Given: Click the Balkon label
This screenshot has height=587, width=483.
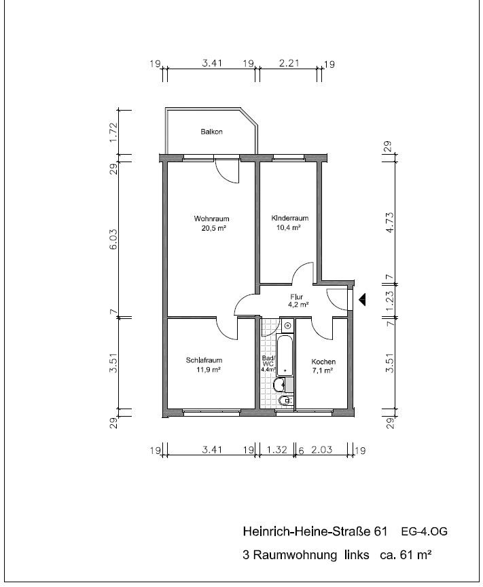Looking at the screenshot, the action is point(211,132).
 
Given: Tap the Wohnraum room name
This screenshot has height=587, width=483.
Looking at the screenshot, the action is point(211,219).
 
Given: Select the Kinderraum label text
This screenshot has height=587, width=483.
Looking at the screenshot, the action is point(289,218).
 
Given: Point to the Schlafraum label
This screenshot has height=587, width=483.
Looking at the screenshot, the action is point(204,360).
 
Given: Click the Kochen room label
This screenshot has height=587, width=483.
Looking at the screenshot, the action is point(323,362).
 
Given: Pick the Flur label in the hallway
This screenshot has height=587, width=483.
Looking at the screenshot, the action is point(296,297).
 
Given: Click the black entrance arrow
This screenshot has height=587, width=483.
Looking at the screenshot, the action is point(362,300).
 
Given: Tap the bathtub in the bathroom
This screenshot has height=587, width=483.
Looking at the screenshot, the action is point(285,356).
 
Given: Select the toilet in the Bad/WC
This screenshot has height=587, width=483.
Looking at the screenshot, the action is point(285,400).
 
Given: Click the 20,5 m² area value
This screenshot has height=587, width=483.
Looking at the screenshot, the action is point(213,228).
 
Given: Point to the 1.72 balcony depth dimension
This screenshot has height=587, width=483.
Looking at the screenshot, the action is point(113,132).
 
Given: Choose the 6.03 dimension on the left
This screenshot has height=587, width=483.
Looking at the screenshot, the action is point(113,240).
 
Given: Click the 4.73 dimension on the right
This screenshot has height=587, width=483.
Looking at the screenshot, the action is point(390,223).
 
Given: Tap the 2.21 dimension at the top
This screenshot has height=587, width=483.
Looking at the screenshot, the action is point(289,63).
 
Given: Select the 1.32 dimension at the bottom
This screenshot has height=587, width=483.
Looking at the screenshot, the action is point(277,449).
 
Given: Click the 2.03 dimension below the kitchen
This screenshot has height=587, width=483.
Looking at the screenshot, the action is point(322,449).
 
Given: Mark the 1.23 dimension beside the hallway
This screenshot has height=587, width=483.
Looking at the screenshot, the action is point(390,301).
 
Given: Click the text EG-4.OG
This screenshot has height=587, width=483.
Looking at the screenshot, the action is point(424,531).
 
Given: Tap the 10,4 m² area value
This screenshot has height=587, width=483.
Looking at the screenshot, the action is point(289,227).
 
